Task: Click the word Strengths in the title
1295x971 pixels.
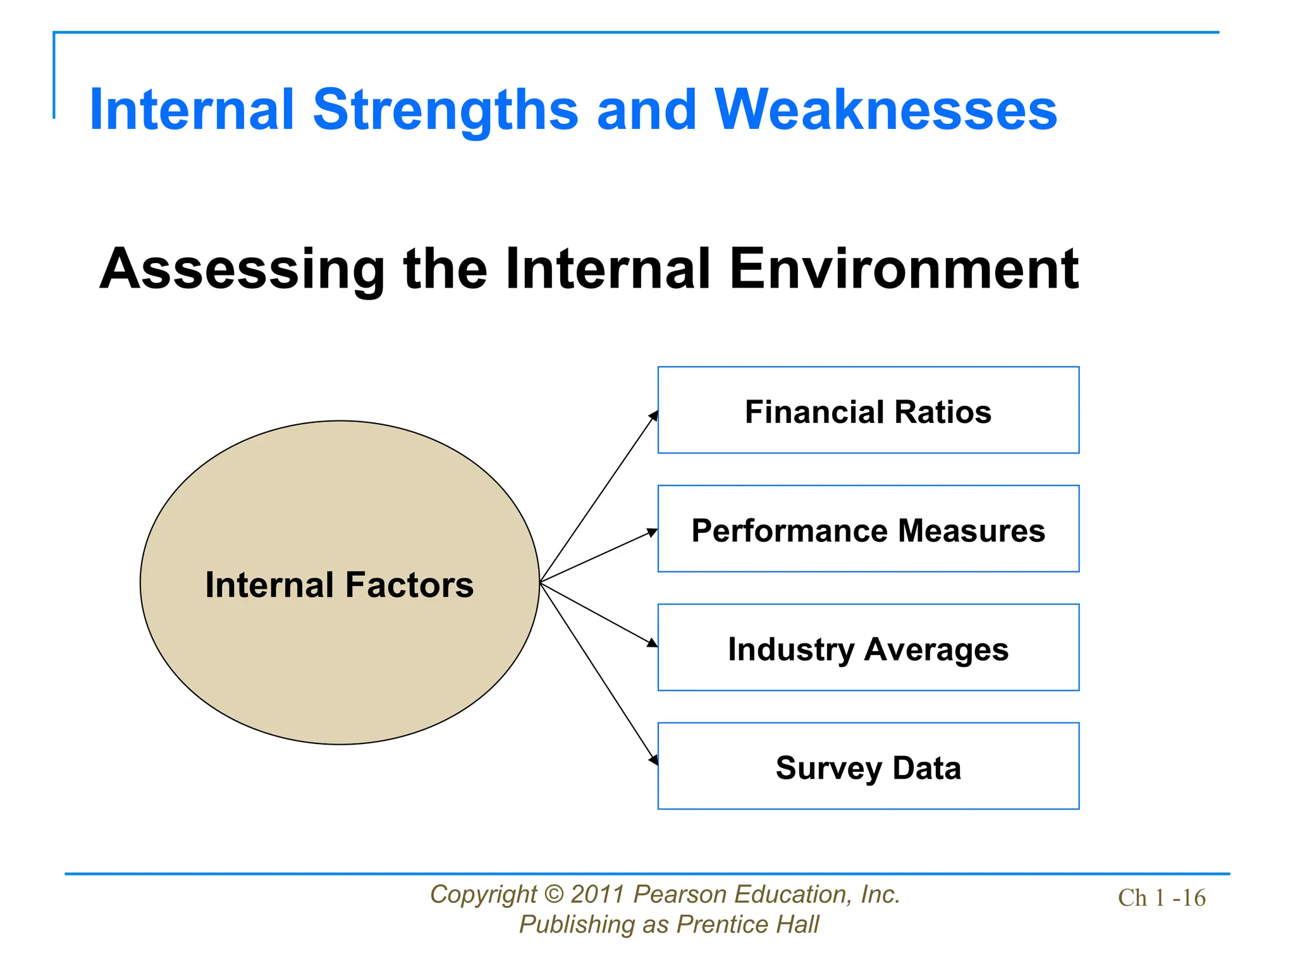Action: (x=445, y=111)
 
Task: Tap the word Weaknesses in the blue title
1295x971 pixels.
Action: (x=885, y=111)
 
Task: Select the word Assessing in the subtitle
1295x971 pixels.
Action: (x=242, y=270)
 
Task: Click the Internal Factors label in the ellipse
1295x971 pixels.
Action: (x=340, y=585)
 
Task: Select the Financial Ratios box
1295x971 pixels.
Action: (x=868, y=410)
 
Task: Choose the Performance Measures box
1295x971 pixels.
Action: (x=868, y=529)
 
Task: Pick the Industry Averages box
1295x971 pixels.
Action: (x=868, y=648)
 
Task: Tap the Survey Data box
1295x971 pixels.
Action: (x=868, y=767)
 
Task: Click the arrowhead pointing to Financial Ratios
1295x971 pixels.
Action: (x=654, y=416)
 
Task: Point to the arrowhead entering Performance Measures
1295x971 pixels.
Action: (x=653, y=532)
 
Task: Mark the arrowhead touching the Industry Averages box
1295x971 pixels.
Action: (x=653, y=643)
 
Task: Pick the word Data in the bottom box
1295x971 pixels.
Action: (x=926, y=769)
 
